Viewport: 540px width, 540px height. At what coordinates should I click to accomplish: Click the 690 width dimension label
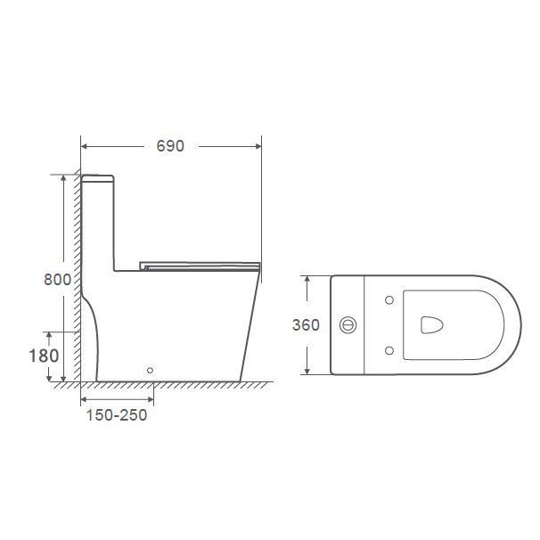(x=170, y=146)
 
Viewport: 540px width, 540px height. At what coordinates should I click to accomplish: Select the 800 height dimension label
(x=58, y=279)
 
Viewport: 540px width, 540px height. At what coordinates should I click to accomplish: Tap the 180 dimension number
(x=44, y=356)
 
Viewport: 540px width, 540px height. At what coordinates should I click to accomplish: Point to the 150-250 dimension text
(x=117, y=415)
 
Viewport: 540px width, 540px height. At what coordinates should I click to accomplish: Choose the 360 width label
(x=306, y=324)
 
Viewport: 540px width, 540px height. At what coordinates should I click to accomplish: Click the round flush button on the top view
(x=348, y=324)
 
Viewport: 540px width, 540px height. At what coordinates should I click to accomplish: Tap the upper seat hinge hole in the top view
(x=389, y=300)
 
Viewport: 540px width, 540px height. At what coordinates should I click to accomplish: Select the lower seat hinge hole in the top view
(x=389, y=350)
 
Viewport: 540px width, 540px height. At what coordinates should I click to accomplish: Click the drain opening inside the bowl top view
(x=431, y=325)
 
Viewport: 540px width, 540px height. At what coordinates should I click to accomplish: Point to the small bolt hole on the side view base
(x=150, y=370)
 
